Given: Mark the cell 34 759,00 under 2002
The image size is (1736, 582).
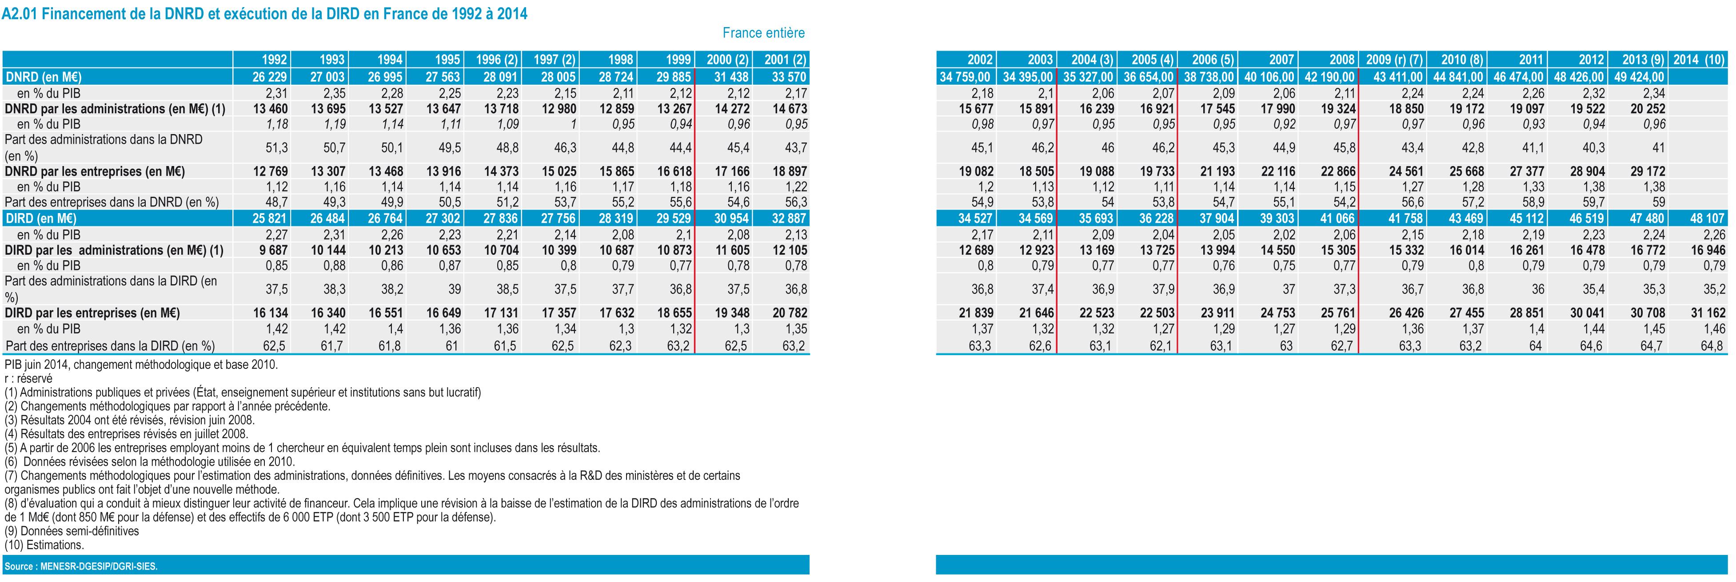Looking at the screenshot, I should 965,77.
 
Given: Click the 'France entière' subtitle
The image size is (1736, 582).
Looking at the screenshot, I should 763,33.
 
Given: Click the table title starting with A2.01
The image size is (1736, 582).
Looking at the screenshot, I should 264,13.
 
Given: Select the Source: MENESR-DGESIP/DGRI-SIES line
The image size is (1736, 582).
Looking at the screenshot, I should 81,566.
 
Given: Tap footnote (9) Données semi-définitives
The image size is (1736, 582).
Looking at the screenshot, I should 72,531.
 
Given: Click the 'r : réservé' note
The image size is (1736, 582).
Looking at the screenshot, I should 28,379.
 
